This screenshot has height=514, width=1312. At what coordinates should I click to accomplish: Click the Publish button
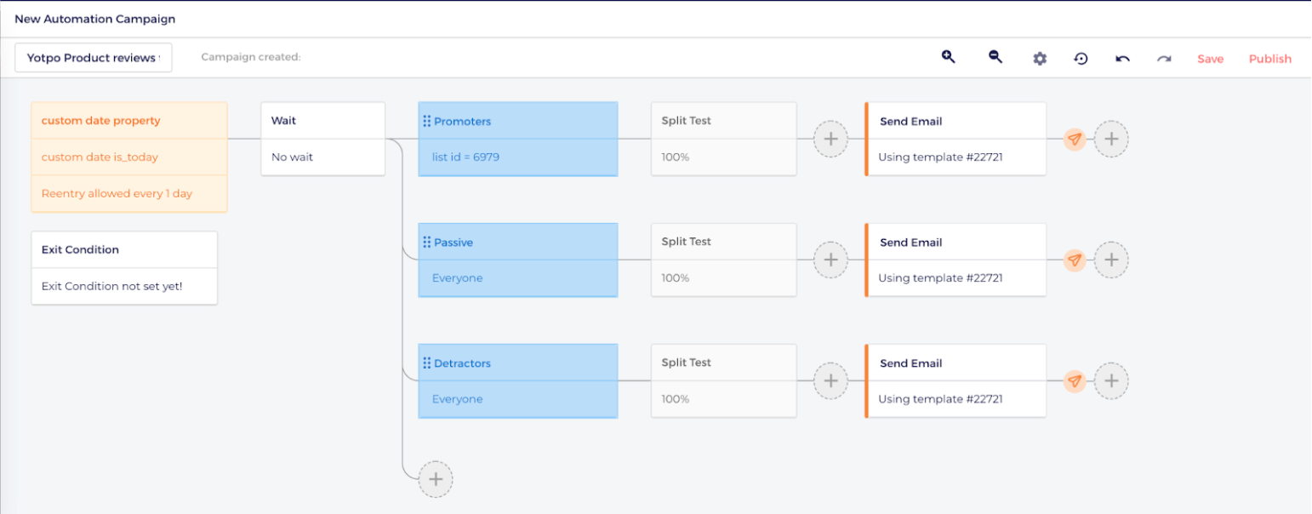[1269, 59]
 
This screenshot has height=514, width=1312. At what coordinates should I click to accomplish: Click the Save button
[1210, 59]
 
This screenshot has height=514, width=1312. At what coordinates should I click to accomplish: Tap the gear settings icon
[1040, 59]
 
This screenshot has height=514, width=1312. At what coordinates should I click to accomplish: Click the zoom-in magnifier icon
[949, 57]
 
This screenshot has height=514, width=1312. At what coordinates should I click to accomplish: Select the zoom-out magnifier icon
[995, 57]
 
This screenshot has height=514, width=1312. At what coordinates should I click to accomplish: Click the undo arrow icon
[1122, 59]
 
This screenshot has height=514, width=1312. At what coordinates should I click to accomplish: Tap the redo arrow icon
[1164, 59]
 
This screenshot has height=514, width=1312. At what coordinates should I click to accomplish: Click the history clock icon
[1081, 59]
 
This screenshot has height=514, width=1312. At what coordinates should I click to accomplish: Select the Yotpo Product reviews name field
[93, 57]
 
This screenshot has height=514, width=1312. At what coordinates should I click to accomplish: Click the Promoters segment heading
[462, 122]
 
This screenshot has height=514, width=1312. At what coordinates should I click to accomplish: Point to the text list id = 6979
[465, 157]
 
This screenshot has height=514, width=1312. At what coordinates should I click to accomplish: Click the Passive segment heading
[453, 243]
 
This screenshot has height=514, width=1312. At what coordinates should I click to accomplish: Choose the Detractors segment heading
[462, 363]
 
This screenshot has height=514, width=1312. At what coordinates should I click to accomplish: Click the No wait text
[292, 157]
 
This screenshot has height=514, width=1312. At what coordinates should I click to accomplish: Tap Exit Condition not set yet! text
[111, 286]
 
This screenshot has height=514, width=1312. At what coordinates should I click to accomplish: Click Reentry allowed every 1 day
[117, 193]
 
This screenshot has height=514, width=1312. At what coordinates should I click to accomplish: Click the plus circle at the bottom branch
[435, 479]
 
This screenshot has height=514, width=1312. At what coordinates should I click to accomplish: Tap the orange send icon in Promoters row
[1075, 139]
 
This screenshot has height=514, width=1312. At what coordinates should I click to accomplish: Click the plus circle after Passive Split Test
[830, 260]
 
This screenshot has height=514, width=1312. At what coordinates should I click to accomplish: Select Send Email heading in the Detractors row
[910, 363]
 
